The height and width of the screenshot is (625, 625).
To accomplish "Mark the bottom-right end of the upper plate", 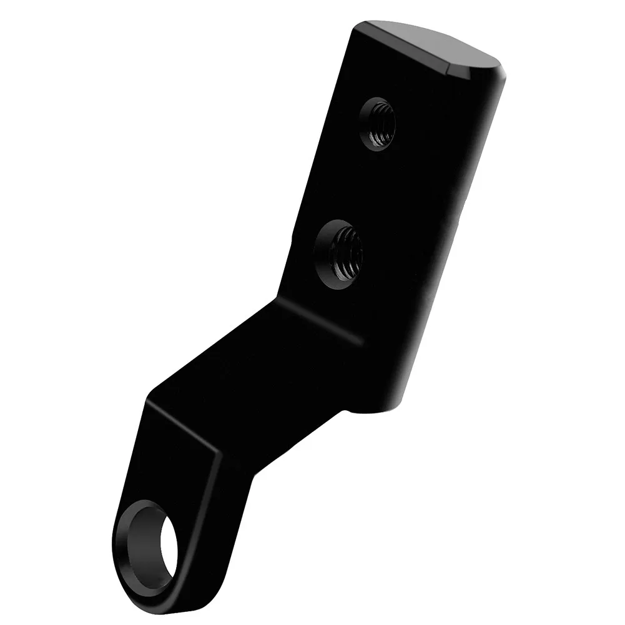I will (x=381, y=412).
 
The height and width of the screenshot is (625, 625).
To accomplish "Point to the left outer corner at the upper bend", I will (x=278, y=299).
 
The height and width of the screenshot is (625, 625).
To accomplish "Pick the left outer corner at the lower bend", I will (x=147, y=400).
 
